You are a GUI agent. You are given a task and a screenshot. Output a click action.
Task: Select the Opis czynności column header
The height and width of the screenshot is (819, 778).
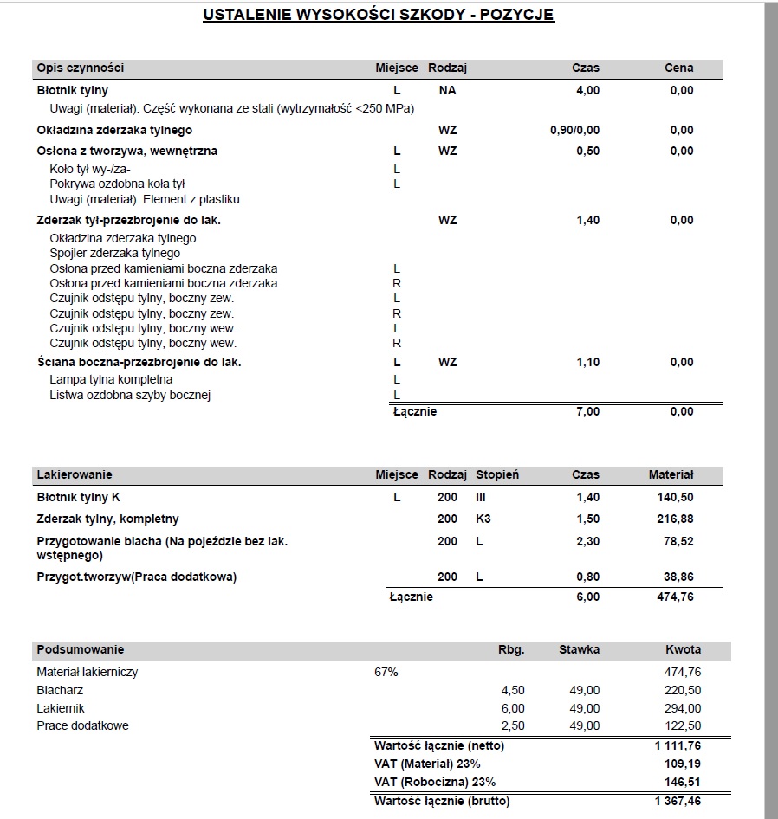(x=81, y=68)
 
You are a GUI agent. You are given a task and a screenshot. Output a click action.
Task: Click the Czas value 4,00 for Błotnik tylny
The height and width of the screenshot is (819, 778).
(x=587, y=90)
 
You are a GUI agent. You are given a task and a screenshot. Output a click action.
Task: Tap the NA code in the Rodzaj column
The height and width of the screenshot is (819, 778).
(x=447, y=90)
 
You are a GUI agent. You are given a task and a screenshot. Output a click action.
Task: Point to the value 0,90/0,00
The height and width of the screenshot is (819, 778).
(x=574, y=131)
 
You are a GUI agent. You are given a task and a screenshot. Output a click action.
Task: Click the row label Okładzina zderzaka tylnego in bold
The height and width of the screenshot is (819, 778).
(x=114, y=131)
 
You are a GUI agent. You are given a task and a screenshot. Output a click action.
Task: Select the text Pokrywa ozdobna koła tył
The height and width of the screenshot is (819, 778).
(x=118, y=184)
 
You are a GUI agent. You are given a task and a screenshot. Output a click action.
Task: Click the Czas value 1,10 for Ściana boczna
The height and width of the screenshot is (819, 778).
(x=587, y=363)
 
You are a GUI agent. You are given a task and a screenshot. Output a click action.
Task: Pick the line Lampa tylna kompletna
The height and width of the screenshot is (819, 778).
(x=111, y=379)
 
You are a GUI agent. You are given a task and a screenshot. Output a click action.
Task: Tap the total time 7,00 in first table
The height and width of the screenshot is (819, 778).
(x=587, y=412)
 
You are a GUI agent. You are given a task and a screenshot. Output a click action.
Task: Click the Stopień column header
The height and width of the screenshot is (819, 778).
(x=497, y=474)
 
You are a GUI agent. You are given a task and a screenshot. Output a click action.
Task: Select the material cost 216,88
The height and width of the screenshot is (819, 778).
(x=676, y=519)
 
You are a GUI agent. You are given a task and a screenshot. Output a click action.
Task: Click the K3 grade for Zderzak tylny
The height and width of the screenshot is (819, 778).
(x=483, y=519)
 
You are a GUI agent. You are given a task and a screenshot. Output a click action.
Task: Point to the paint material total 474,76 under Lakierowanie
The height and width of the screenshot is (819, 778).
(x=676, y=597)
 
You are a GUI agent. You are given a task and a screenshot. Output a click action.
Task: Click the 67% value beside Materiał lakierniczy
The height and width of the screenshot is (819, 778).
(x=386, y=672)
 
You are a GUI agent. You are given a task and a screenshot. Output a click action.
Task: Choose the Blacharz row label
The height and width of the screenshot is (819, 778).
(x=60, y=691)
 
